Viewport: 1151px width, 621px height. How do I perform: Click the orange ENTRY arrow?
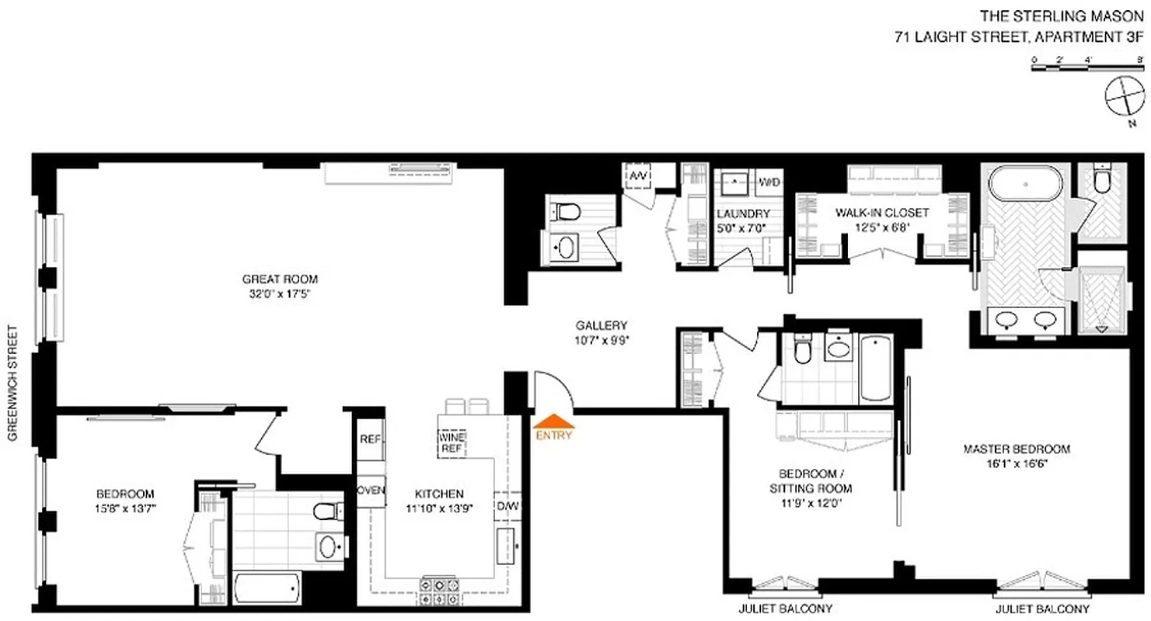[x=554, y=424]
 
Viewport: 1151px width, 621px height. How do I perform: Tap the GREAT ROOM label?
[x=280, y=279]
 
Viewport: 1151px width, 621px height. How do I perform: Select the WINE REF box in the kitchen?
[x=452, y=442]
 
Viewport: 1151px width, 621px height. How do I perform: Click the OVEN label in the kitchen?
[x=371, y=491]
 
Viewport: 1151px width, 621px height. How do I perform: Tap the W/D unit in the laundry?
[x=769, y=183]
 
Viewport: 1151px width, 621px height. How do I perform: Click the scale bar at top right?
[x=1086, y=68]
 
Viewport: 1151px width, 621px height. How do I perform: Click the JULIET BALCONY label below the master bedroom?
[x=1042, y=609]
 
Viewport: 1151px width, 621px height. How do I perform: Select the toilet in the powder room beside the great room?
[x=565, y=210]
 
